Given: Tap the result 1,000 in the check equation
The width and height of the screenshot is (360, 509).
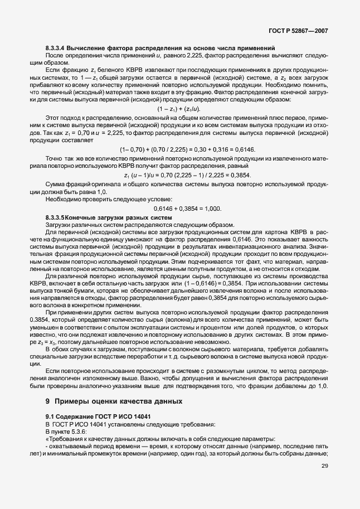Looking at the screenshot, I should click(x=211, y=209).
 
